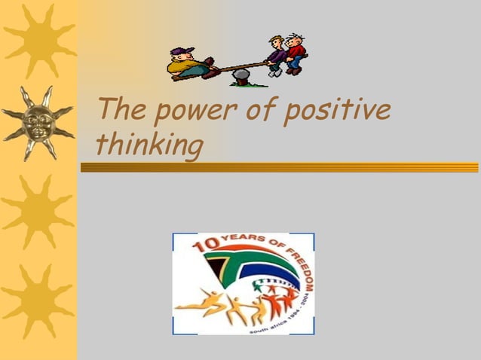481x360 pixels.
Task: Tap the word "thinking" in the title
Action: [150, 145]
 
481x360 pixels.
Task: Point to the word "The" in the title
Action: [118, 111]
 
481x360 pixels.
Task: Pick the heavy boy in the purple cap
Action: [188, 64]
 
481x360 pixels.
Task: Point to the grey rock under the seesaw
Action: [240, 75]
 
